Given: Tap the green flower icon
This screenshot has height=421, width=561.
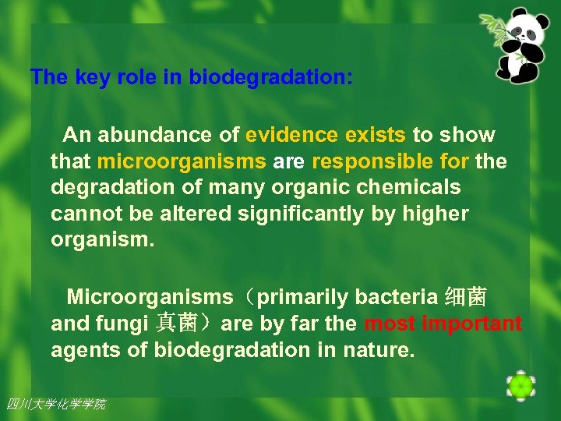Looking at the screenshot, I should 520,385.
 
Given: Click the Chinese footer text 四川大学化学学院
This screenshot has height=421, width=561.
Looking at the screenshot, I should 55,404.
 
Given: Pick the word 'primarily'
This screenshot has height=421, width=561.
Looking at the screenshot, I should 303,297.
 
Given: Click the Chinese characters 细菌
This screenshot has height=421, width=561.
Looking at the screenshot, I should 465,297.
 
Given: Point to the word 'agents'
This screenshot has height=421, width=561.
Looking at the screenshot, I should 86,350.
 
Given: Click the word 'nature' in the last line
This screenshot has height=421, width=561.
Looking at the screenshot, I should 377,350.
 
